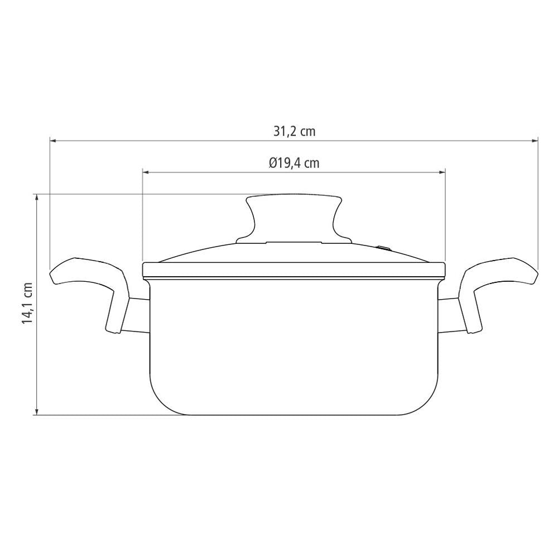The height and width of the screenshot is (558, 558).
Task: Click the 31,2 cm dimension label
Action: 294,131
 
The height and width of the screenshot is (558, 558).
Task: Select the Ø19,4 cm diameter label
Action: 294,163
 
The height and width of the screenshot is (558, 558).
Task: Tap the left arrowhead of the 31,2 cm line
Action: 52,141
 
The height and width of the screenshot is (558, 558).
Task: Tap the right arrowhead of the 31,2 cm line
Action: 535,141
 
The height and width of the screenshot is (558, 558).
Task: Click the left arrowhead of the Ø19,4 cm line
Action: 146,172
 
